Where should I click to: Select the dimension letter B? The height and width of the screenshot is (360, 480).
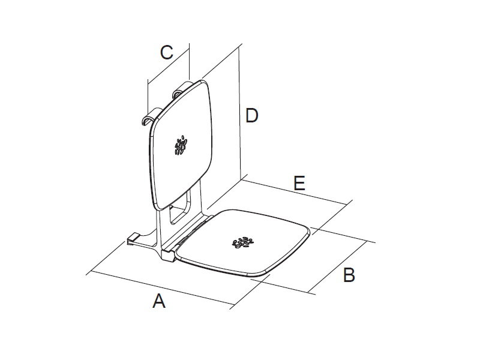pyautogui.click(x=349, y=275)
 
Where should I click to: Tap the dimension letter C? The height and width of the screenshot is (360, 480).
pyautogui.click(x=167, y=52)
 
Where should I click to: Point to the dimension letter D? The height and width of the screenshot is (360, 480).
pyautogui.click(x=252, y=115)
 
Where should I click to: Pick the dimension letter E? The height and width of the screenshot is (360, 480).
pyautogui.click(x=299, y=183)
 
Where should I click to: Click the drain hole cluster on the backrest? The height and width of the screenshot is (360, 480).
pyautogui.click(x=181, y=145)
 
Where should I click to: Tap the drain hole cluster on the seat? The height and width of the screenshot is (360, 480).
pyautogui.click(x=243, y=242)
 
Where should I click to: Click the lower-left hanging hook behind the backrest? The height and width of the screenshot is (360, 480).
pyautogui.click(x=150, y=116)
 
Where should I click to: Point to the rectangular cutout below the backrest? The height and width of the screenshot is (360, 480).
pyautogui.click(x=179, y=207)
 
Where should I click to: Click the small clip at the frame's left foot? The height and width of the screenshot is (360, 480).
pyautogui.click(x=133, y=239)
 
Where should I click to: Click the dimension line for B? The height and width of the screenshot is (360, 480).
pyautogui.click(x=338, y=266)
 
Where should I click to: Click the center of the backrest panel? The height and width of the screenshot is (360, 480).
pyautogui.click(x=181, y=145)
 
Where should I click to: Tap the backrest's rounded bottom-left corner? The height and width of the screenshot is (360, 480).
pyautogui.click(x=157, y=205)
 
